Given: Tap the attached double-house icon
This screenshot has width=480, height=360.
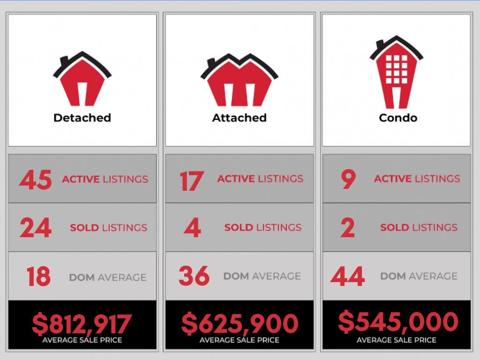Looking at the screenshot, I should pyautogui.click(x=239, y=81).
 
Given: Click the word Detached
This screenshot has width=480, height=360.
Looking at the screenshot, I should pyautogui.click(x=82, y=117).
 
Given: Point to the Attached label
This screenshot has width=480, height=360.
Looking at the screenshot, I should pyautogui.click(x=239, y=117).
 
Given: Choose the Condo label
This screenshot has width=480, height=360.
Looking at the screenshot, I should pyautogui.click(x=398, y=117).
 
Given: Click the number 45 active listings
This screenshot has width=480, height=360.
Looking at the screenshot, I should pyautogui.click(x=35, y=180).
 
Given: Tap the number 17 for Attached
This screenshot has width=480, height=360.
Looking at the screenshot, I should pyautogui.click(x=191, y=180).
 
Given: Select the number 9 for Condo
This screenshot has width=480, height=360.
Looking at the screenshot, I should pyautogui.click(x=348, y=179).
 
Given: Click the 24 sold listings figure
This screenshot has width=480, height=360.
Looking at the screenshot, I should pyautogui.click(x=35, y=228).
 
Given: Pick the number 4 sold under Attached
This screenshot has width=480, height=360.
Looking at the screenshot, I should pyautogui.click(x=192, y=228).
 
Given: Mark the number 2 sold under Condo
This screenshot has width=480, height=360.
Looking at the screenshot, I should pyautogui.click(x=348, y=228).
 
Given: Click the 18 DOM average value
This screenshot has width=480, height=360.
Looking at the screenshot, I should pyautogui.click(x=38, y=277).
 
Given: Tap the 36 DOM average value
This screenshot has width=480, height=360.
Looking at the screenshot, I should pyautogui.click(x=194, y=276).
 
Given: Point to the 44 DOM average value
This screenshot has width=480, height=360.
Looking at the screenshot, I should pyautogui.click(x=347, y=276).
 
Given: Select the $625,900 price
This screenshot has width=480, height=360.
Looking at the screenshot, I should pyautogui.click(x=240, y=323).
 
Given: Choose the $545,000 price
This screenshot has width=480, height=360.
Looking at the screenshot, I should pyautogui.click(x=397, y=322).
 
